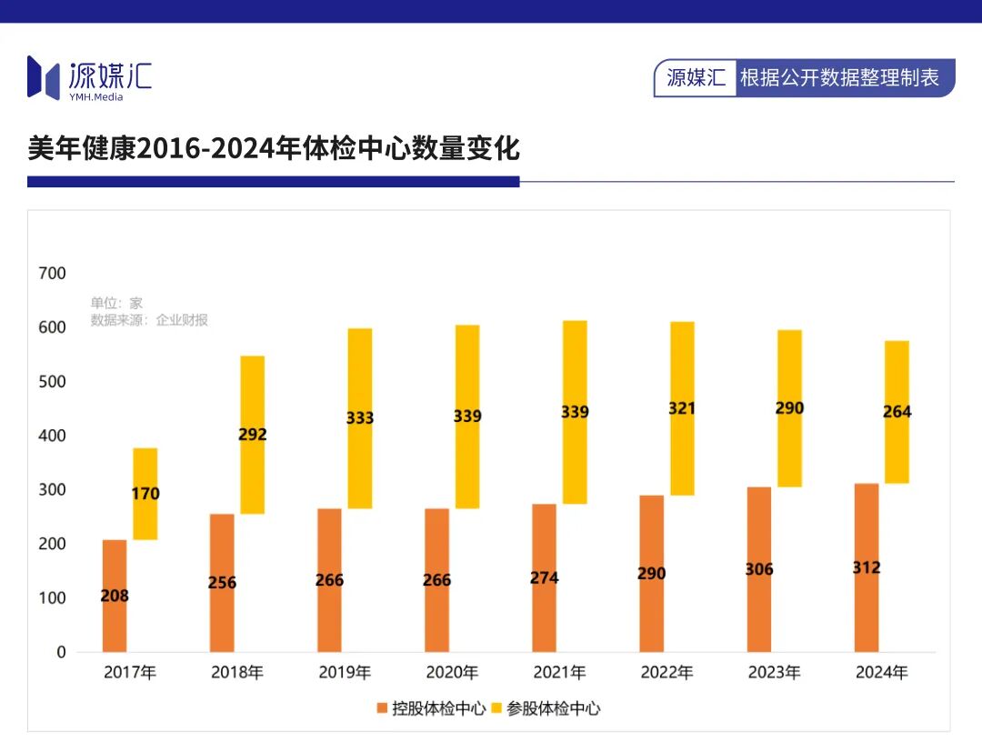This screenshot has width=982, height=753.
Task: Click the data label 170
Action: click(x=145, y=494)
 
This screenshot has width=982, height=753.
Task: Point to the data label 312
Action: click(x=867, y=567)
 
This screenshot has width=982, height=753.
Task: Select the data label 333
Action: click(x=360, y=418)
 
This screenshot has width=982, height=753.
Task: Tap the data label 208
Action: click(x=115, y=597)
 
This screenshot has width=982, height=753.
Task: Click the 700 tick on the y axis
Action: click(x=52, y=273)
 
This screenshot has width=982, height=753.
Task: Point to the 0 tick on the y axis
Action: click(x=61, y=652)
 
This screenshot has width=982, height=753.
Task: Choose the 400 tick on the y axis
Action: click(x=52, y=436)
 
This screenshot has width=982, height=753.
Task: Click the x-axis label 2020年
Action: click(x=452, y=673)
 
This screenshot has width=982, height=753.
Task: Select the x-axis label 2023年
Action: click(x=774, y=673)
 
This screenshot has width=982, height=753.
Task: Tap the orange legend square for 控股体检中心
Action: click(x=381, y=708)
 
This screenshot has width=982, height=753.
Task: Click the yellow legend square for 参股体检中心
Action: click(x=496, y=708)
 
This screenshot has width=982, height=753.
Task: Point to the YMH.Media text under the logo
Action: click(x=95, y=97)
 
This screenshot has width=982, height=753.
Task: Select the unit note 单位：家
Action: click(x=116, y=303)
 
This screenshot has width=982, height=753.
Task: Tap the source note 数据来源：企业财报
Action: click(x=149, y=320)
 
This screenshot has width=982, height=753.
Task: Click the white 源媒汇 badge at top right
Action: click(x=696, y=78)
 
